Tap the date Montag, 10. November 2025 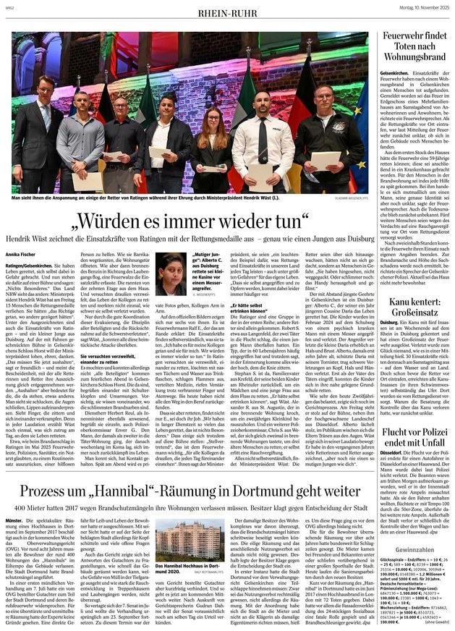[x=416, y=7]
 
